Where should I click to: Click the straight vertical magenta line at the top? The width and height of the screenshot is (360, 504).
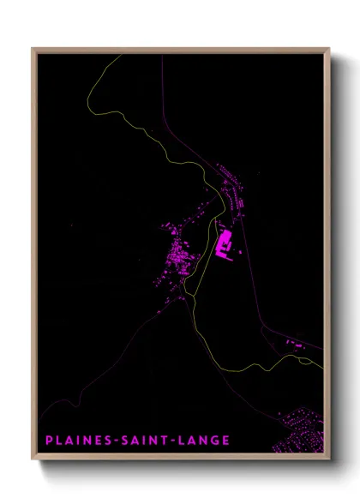162,86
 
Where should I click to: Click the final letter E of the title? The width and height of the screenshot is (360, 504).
226,441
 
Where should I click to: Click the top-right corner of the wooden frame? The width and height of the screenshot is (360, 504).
329,49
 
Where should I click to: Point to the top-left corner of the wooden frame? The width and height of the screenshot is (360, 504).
33,49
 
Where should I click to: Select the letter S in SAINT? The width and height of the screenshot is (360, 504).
122,441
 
